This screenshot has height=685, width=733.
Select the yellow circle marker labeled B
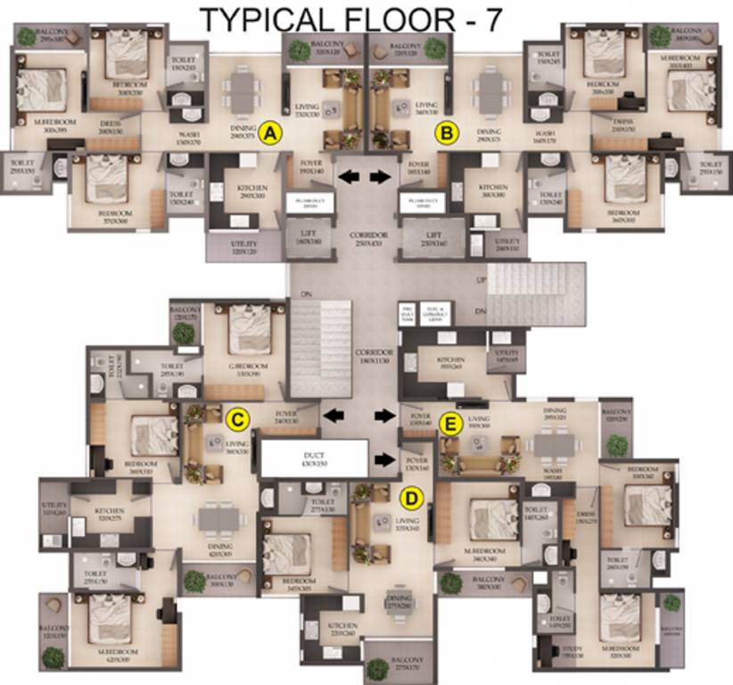(x=446, y=134)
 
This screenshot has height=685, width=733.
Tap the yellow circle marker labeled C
(x=236, y=417)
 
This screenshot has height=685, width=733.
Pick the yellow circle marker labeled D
(x=413, y=497)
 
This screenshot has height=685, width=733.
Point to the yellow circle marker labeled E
(x=451, y=423)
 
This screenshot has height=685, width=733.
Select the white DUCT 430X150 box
(x=313, y=458)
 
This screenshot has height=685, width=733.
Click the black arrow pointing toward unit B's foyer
(x=381, y=177)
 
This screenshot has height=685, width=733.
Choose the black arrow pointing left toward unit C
(x=335, y=415)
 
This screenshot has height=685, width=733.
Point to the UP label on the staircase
(x=482, y=279)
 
